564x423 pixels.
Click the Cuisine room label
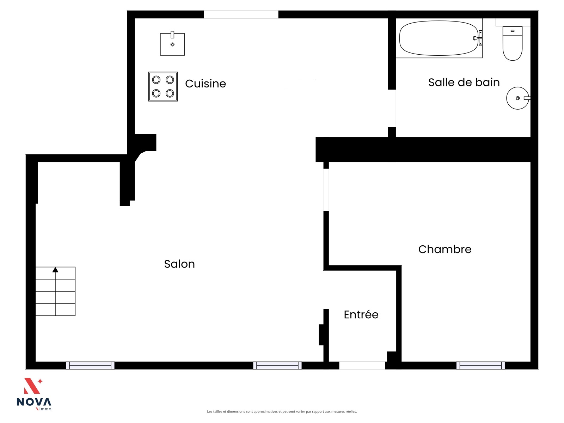205,84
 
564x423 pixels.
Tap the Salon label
179,264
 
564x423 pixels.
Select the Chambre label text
445,249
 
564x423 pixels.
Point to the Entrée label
361,314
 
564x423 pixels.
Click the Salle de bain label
464,82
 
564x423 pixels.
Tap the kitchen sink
172,44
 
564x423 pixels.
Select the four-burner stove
163,87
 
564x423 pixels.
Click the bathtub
439,38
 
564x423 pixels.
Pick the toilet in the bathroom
512,43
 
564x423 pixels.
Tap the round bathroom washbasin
518,98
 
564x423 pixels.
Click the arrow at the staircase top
55,270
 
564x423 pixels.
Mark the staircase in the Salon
55,291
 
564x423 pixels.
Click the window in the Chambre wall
480,366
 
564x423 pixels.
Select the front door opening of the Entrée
362,366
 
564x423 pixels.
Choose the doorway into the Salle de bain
392,108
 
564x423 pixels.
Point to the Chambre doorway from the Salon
326,190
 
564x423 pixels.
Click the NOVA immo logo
34,394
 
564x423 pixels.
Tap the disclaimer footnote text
282,411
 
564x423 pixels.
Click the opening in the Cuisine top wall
241,14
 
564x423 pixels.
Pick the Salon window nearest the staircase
90,366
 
